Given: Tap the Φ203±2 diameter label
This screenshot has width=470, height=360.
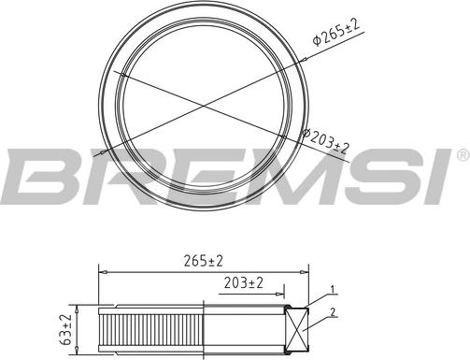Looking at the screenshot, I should tap(325, 142).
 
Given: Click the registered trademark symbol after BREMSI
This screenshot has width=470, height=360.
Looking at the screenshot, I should tap(460, 152).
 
